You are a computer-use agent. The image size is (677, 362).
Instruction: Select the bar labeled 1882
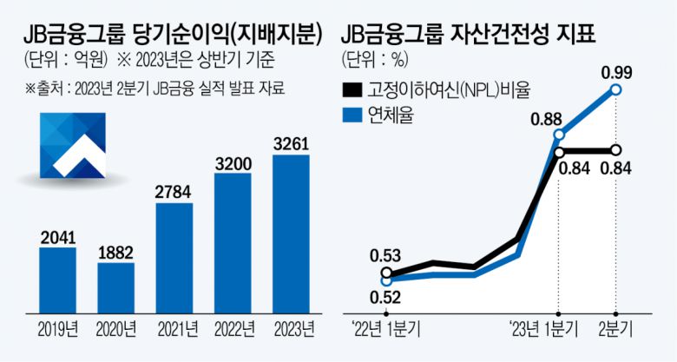pos(116,286)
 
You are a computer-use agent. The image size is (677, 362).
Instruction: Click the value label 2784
pos(174,190)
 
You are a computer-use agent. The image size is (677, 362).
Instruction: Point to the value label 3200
pos(233,161)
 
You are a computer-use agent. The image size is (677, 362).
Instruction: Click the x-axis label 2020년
pos(116,330)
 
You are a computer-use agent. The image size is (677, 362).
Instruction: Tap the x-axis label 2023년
pos(291,330)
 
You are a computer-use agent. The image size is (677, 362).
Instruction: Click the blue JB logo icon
pos(73,142)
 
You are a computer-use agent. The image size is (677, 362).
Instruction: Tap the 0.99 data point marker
pos(616,89)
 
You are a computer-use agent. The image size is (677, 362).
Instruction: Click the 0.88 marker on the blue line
pos(558,135)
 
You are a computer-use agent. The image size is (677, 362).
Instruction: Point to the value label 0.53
pos(385,255)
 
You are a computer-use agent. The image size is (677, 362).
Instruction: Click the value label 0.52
pos(385,298)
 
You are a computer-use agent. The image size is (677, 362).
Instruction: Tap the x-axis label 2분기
pos(616,331)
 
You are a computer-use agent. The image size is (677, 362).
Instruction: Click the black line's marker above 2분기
pos(616,149)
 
